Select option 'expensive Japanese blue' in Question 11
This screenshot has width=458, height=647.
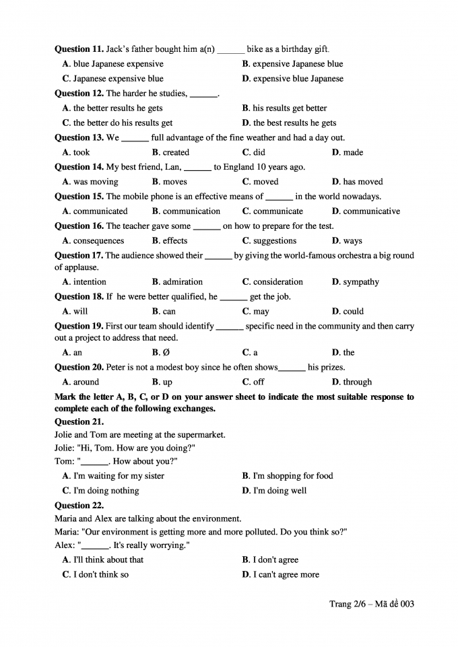297,64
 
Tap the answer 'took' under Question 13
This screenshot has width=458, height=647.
81,152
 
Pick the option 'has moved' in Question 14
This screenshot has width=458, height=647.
362,182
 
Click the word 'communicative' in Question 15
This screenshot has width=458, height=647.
371,211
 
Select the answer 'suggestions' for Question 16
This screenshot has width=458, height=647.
274,241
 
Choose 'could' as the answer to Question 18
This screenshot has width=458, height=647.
353,312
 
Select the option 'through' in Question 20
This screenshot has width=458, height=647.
357,382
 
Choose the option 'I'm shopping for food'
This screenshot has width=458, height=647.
292,476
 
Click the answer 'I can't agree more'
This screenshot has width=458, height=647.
286,575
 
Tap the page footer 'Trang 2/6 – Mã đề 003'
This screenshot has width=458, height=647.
371,604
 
